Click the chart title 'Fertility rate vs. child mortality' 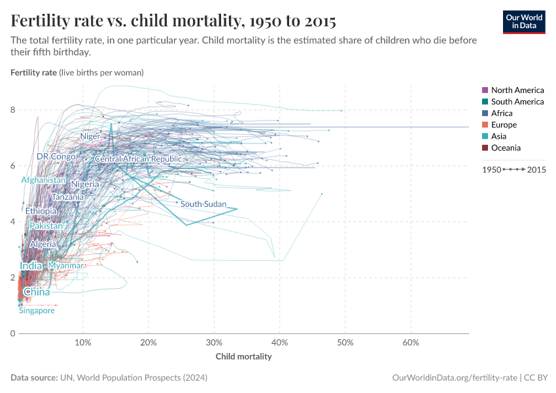tap(173, 21)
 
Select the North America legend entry tap(517, 90)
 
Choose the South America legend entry tap(517, 102)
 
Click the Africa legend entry tap(502, 113)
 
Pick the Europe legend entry tap(504, 124)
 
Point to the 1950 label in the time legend tap(491, 170)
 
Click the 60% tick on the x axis tap(411, 343)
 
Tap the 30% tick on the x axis tap(214, 343)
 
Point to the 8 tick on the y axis tap(13, 110)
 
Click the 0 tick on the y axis tap(13, 333)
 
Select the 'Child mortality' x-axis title tap(243, 357)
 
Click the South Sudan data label tap(203, 204)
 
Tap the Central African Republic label tap(138, 159)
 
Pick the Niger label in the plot tap(90, 136)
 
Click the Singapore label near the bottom tap(37, 311)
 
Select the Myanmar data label tap(65, 266)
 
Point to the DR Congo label tap(56, 157)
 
